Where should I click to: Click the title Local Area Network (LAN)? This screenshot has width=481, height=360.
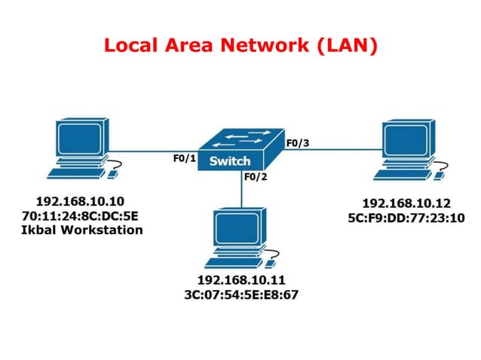click(x=240, y=45)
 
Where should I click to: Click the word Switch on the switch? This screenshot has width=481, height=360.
click(x=230, y=160)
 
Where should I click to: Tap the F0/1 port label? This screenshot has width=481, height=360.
click(x=185, y=159)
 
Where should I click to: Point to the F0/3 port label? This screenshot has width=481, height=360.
click(x=296, y=142)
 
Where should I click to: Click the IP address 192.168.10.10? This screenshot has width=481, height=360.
click(x=80, y=201)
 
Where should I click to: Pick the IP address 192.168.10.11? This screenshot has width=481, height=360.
click(x=242, y=279)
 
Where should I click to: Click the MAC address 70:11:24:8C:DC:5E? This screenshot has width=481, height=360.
click(x=81, y=215)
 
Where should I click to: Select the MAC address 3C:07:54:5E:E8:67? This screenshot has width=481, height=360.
click(x=242, y=294)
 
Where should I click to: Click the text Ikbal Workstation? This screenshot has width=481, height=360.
click(x=81, y=230)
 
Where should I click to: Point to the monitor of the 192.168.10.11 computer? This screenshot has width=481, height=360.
click(x=236, y=227)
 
